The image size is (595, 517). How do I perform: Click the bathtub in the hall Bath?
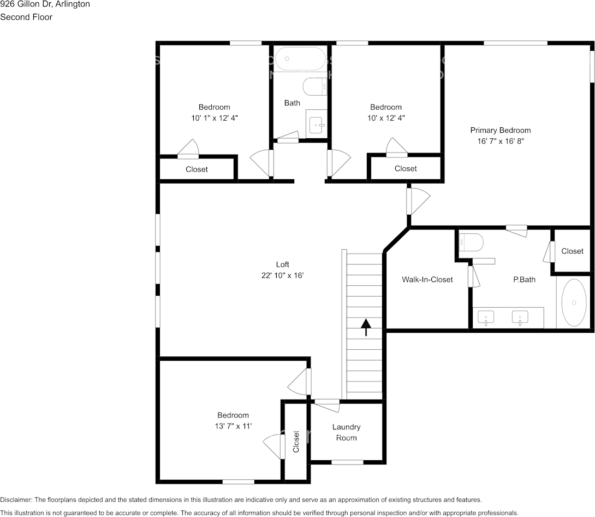[300, 58]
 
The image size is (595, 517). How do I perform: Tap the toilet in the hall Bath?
[315, 86]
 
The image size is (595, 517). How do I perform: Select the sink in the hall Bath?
[316, 125]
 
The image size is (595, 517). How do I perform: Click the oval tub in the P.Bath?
[573, 302]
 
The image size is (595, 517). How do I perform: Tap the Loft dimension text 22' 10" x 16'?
[282, 276]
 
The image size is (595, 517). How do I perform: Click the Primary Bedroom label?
[500, 130]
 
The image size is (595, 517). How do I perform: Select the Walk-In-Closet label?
[427, 279]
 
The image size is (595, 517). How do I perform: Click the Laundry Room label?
[347, 432]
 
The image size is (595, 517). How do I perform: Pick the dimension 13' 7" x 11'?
[233, 426]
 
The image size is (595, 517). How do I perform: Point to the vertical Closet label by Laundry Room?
[296, 442]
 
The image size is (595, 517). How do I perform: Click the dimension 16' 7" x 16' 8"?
[501, 141]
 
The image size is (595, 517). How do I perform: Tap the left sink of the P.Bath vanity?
[485, 318]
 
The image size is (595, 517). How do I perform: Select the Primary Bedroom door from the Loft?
[418, 201]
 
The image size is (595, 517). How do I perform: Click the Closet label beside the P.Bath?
[572, 251]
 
